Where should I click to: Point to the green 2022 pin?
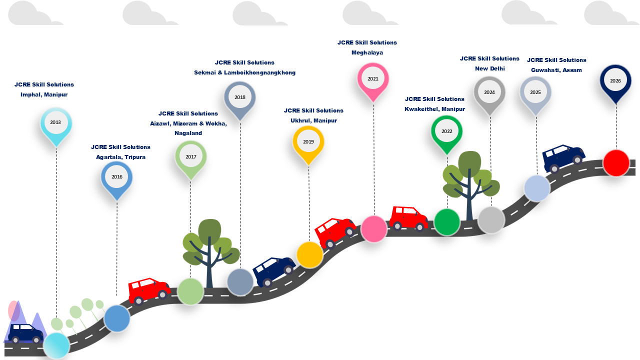(x=446, y=135)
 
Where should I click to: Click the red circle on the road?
(x=616, y=163)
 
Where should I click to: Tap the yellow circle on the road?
(x=309, y=255)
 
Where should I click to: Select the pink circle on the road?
(x=373, y=229)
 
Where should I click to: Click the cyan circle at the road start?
(x=56, y=345)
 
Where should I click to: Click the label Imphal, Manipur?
(x=44, y=94)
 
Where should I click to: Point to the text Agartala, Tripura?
(x=120, y=157)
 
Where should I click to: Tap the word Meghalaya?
(x=367, y=52)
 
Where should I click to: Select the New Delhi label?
(x=489, y=68)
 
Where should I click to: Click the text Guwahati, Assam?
(x=556, y=70)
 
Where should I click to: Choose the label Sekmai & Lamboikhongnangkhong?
(x=244, y=72)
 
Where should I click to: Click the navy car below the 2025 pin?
(x=563, y=158)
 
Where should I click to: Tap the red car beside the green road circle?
(x=408, y=218)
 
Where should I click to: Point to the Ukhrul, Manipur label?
(x=313, y=120)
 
